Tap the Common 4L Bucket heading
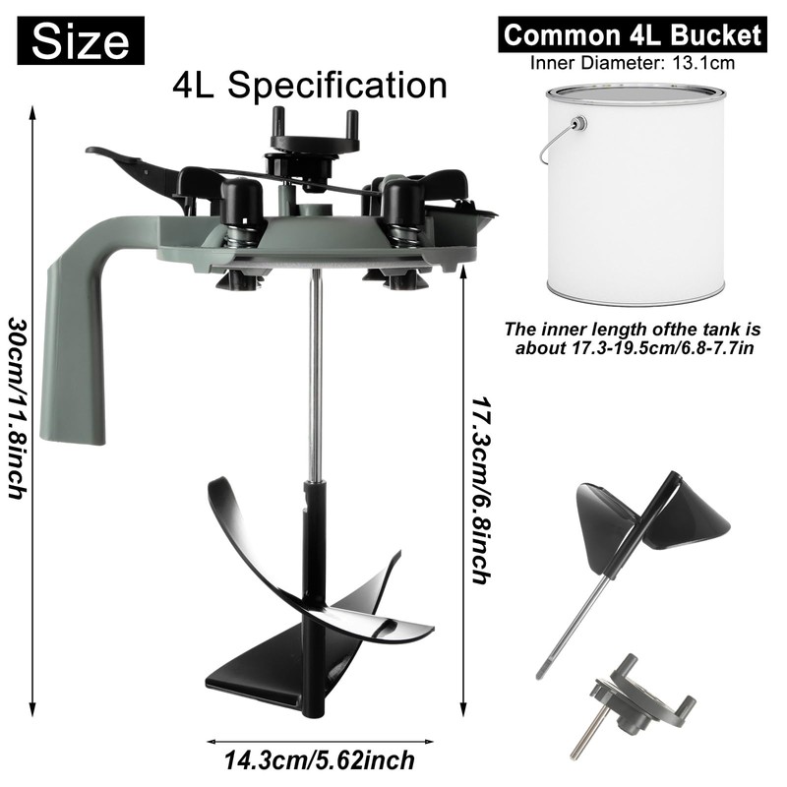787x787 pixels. [633, 35]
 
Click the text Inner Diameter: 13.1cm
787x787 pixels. [632, 64]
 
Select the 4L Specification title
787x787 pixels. [310, 85]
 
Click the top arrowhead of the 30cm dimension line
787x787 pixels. [35, 114]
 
